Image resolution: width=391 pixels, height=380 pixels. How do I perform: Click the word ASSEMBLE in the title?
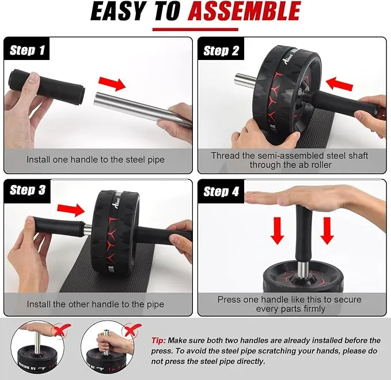[244, 11]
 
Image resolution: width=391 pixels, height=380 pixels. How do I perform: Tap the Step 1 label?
[27, 50]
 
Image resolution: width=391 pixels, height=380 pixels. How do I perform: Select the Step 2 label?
[221, 51]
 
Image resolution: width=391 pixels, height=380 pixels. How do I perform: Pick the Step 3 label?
[28, 190]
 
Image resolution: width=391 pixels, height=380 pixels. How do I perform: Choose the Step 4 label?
[221, 191]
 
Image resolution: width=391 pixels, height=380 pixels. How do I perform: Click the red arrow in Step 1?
[112, 84]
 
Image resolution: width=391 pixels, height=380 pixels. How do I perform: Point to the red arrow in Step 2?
[339, 84]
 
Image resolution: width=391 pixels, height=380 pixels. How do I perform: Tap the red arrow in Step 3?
[71, 210]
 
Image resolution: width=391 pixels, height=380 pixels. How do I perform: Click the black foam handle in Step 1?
[47, 86]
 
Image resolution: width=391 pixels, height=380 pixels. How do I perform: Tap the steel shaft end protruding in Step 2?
[245, 79]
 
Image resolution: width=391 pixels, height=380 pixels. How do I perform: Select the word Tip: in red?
[158, 340]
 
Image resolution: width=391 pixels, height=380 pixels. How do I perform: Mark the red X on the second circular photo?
[132, 330]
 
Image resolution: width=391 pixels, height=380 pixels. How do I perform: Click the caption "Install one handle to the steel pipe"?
[96, 160]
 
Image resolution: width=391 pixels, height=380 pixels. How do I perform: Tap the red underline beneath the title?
[195, 29]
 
